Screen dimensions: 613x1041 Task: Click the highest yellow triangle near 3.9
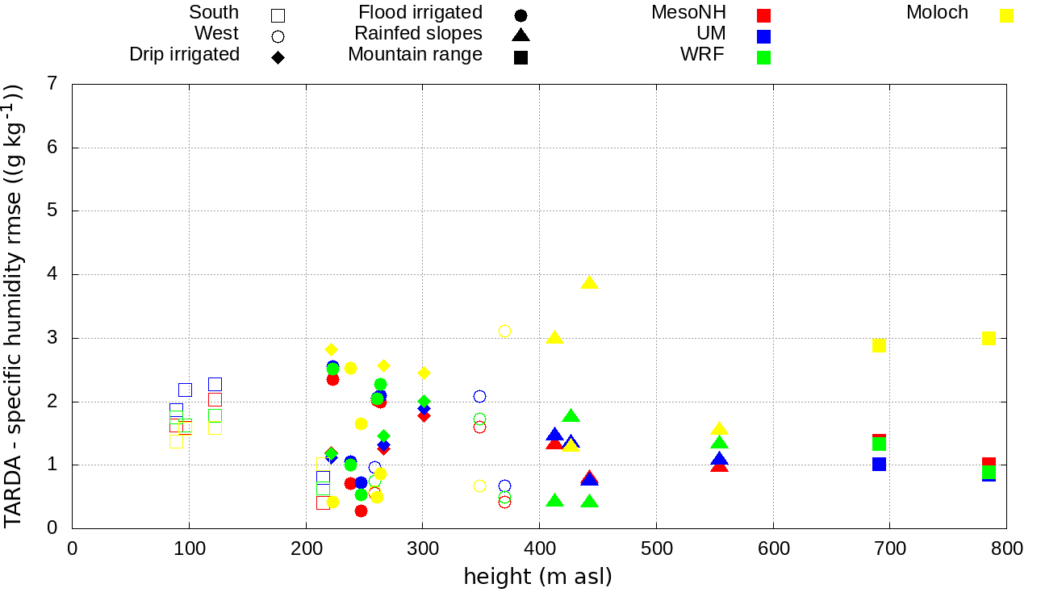589,282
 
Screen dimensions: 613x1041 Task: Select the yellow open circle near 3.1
504,331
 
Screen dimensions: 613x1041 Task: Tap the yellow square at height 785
989,338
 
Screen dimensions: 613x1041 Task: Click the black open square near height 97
185,390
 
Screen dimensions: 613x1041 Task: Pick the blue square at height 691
879,464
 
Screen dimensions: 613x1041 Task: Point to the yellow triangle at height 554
719,429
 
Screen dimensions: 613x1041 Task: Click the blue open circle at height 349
479,396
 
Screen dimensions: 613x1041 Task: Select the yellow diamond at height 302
424,373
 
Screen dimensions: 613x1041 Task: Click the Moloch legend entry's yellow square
1006,15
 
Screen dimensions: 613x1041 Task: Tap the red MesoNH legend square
764,15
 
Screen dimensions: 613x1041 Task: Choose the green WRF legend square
764,57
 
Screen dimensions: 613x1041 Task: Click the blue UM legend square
764,36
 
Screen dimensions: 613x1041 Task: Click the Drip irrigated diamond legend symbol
278,57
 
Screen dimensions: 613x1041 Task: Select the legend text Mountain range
415,55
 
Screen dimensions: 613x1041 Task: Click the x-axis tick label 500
656,549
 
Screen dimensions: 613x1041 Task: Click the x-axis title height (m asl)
537,577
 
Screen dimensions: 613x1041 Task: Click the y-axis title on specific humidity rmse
14,306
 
